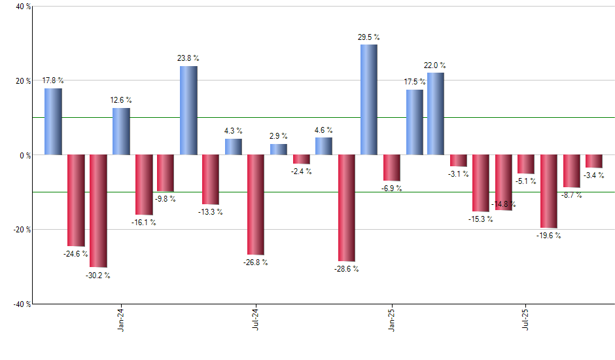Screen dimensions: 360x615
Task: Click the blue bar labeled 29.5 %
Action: tap(368, 99)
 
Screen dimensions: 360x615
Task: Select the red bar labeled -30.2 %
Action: tap(98, 211)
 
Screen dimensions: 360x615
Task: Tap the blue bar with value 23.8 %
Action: tap(188, 110)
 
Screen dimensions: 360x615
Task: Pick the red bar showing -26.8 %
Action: tap(256, 204)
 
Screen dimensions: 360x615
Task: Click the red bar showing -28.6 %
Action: tap(346, 207)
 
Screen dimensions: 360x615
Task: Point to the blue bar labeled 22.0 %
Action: tap(436, 113)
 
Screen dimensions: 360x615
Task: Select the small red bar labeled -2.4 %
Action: tap(301, 159)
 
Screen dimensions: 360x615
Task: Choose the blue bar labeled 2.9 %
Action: tap(279, 149)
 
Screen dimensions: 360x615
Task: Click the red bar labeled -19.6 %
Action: tap(548, 191)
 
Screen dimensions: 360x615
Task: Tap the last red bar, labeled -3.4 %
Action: tap(593, 161)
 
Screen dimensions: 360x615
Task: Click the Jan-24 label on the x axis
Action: tap(121, 320)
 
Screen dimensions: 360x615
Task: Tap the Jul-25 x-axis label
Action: tap(527, 320)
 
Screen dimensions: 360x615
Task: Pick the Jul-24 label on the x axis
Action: tap(256, 320)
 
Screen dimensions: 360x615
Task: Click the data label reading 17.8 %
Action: tap(52, 81)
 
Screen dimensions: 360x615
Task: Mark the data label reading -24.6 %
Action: tap(76, 253)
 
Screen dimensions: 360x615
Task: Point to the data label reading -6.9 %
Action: tap(391, 189)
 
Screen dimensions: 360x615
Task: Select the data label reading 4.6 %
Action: tap(323, 130)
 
